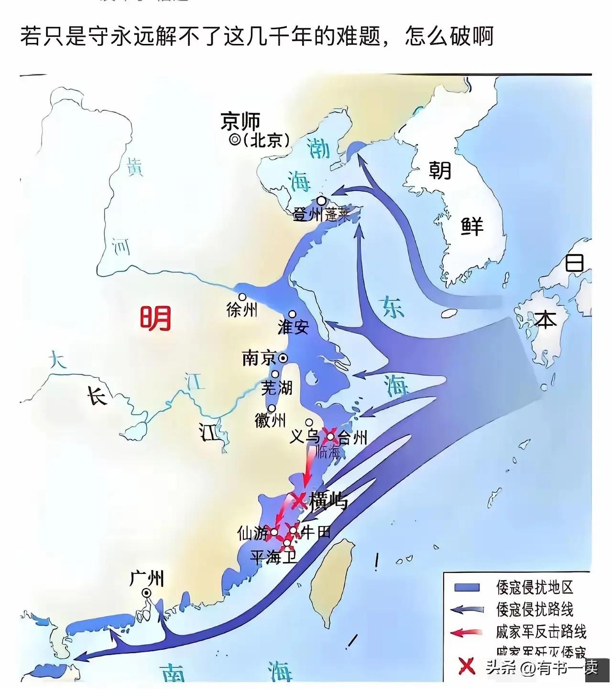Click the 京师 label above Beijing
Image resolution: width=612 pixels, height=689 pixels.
coord(240,121)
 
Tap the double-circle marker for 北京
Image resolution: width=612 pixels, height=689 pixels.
coord(235,140)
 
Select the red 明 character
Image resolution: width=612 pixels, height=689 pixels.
coord(155,318)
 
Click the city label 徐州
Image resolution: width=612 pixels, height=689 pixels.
coord(242,310)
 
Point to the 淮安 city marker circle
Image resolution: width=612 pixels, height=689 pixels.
coord(292,314)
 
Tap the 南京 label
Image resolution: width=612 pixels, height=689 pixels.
coord(259,358)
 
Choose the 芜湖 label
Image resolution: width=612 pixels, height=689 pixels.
coord(277,387)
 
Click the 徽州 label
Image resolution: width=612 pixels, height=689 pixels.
coord(270,420)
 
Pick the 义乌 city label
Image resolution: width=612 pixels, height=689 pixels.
coord(305,436)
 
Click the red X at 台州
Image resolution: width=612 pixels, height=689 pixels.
coord(330,435)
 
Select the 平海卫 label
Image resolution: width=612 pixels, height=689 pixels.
coord(273,557)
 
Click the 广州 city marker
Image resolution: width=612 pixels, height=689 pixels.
coord(146,592)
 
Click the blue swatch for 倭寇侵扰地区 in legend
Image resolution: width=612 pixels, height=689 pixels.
coord(467,587)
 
